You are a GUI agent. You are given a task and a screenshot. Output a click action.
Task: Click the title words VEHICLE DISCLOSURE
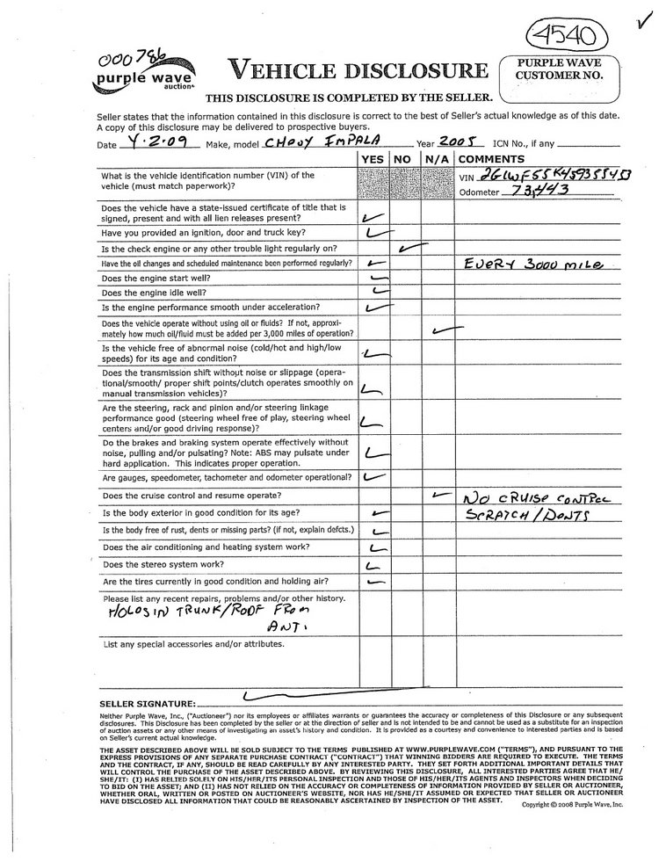356,70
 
